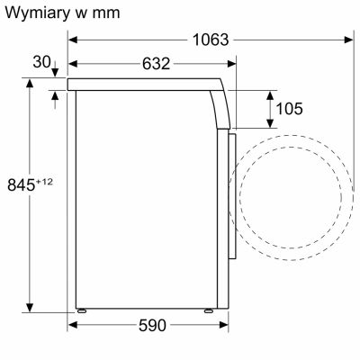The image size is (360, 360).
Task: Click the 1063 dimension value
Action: pos(211,40)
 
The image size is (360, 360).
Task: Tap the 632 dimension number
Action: pos(156,64)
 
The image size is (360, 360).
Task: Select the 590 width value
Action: pos(152,325)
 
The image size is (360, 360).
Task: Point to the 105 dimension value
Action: pos(289,109)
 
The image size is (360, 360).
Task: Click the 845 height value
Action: pos(22,184)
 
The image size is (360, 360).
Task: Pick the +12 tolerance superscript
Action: pos(44,182)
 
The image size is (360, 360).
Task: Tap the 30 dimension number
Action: pos(41,62)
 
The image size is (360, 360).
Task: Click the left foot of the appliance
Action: pos(82,310)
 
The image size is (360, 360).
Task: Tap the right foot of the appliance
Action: pos(209,310)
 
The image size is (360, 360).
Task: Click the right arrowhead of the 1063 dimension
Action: pos(349,40)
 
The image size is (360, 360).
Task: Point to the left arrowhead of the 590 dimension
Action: pos(74,325)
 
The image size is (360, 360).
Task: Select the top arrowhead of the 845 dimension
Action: pos(30,83)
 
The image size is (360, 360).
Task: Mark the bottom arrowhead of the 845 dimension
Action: pos(30,308)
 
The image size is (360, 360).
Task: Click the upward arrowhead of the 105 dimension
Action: pos(270,95)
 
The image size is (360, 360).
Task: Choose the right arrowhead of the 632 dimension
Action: pos(231,64)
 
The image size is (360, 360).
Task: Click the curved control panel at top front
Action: pos(220,109)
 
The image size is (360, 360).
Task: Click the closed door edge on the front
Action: pos(232,196)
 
